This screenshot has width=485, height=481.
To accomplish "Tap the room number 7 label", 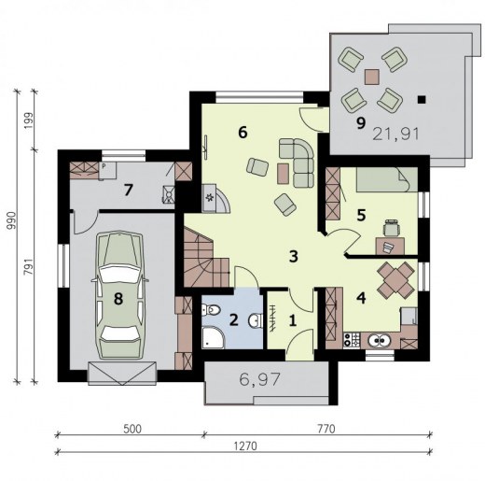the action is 128,190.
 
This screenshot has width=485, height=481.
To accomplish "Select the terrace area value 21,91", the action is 395,134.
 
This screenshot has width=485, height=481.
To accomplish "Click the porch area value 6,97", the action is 260,379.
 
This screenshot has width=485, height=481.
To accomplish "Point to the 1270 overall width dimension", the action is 245,446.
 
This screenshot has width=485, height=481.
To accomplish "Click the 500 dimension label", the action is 132,429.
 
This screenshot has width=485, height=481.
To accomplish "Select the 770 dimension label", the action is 326,429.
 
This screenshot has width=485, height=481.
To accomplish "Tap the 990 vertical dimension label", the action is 11,220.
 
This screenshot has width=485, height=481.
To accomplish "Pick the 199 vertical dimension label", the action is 28,120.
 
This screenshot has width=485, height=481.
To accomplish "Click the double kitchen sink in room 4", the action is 380,340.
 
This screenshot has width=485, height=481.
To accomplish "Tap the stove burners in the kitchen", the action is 352,340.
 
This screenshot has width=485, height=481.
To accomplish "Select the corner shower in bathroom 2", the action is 213,337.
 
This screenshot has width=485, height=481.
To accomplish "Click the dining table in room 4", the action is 396,279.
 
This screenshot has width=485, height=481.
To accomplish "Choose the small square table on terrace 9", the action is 372,77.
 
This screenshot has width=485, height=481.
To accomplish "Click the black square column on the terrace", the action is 422,99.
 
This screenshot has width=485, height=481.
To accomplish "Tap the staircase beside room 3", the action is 205,259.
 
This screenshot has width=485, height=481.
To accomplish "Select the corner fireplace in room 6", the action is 215,198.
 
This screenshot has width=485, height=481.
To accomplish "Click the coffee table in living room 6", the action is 283,174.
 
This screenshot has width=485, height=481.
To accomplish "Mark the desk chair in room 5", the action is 391,227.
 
